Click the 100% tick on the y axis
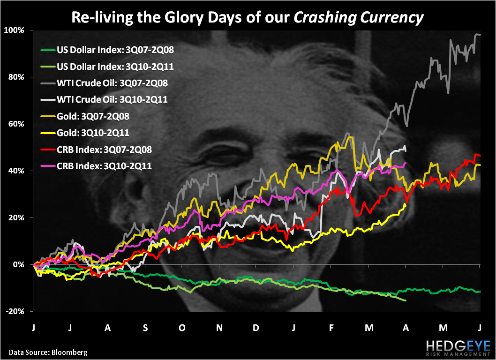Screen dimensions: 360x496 click(x=20, y=30)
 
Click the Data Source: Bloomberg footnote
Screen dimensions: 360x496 click(x=47, y=352)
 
